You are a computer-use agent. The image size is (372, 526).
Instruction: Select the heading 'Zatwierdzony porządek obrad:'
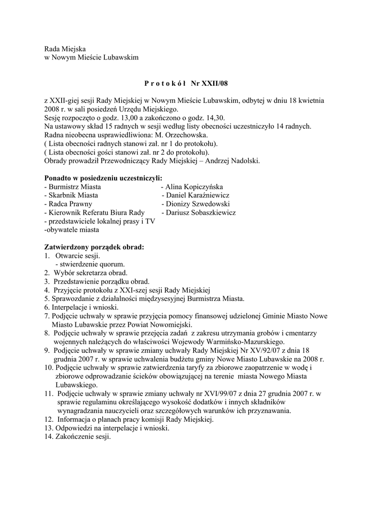tap(94, 247)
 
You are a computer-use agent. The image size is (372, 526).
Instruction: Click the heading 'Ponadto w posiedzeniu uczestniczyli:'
tap(103, 178)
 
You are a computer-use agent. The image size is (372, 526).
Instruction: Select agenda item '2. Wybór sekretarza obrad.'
tap(85, 273)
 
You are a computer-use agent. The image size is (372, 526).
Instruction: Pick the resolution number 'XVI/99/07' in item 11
tap(216, 393)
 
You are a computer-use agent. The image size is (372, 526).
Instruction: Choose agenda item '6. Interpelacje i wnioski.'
tap(81, 307)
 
